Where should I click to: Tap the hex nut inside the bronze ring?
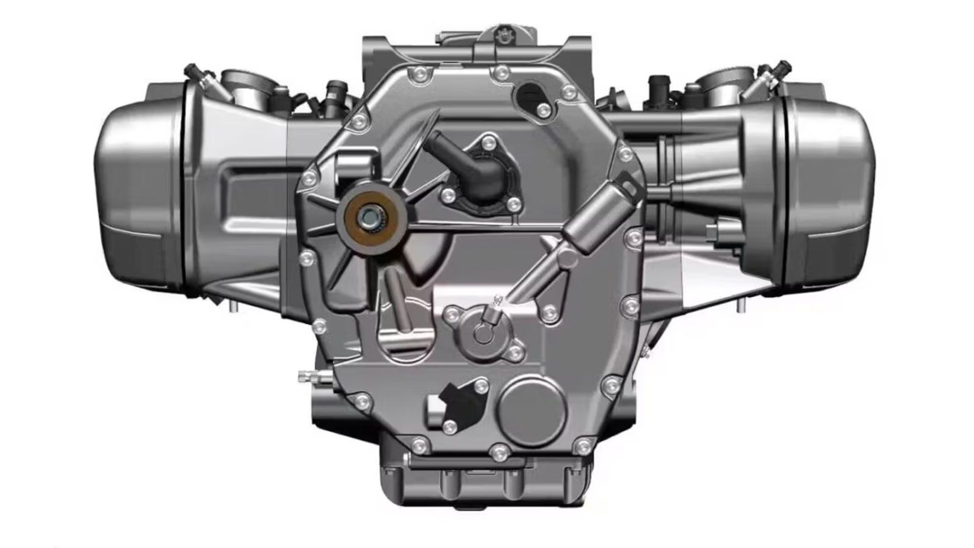pyautogui.click(x=368, y=216)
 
